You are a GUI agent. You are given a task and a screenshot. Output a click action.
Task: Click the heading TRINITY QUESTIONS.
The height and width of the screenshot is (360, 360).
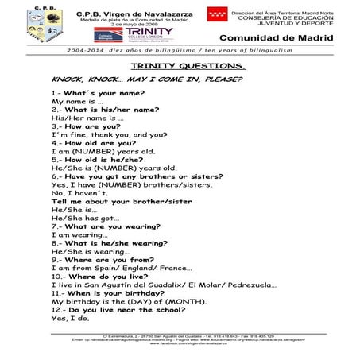[x=179, y=66]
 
